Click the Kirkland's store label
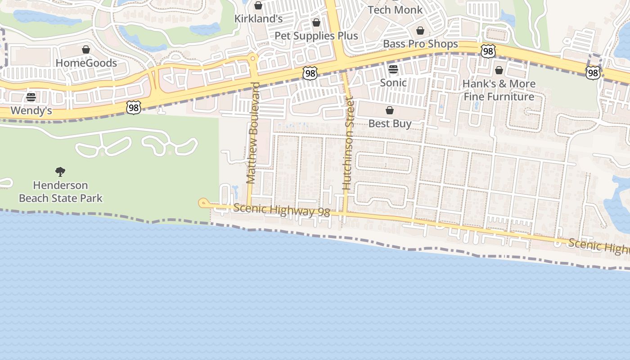click(x=258, y=18)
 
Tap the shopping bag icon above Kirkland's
click(x=258, y=5)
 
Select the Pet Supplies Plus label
click(x=316, y=36)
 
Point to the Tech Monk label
click(x=395, y=9)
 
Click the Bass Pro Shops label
click(x=420, y=44)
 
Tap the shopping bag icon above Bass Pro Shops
click(x=420, y=31)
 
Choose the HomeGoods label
click(x=86, y=63)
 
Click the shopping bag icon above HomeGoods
click(x=86, y=49)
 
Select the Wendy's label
click(x=31, y=110)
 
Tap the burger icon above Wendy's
click(x=31, y=97)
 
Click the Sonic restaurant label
click(x=393, y=82)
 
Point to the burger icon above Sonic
click(x=393, y=69)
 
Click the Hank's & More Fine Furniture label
click(x=499, y=90)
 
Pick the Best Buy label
click(x=390, y=123)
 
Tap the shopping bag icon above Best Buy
click(x=390, y=110)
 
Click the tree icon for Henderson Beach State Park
click(x=60, y=171)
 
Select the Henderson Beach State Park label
click(x=61, y=192)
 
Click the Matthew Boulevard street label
click(x=253, y=133)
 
